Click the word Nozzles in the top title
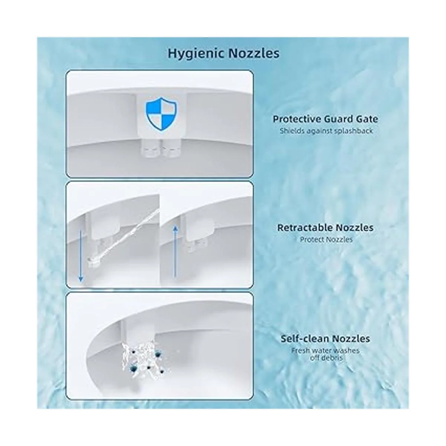[x=254, y=53]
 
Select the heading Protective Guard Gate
[x=326, y=119]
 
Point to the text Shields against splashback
[x=326, y=131]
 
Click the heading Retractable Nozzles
[x=325, y=228]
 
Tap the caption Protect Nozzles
[x=326, y=240]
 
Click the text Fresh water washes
[x=325, y=350]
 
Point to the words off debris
[x=326, y=358]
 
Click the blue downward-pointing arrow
[x=81, y=256]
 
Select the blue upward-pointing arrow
[x=175, y=252]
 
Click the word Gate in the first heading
[x=368, y=119]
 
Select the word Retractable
[x=305, y=228]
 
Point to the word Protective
[x=297, y=119]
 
